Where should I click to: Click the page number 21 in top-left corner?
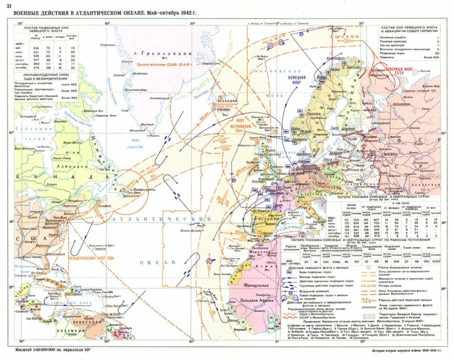9,5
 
